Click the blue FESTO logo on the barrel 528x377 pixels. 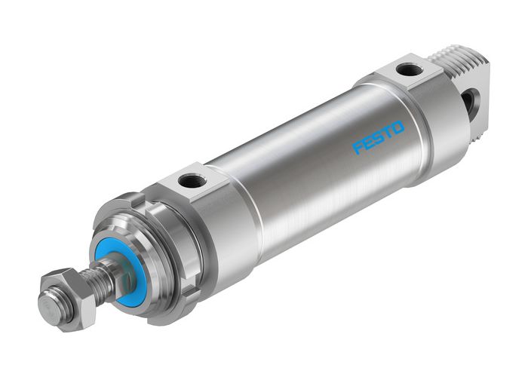point(379,137)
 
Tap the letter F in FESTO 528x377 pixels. point(358,148)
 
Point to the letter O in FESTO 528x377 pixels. point(398,127)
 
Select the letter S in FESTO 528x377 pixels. point(379,138)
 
